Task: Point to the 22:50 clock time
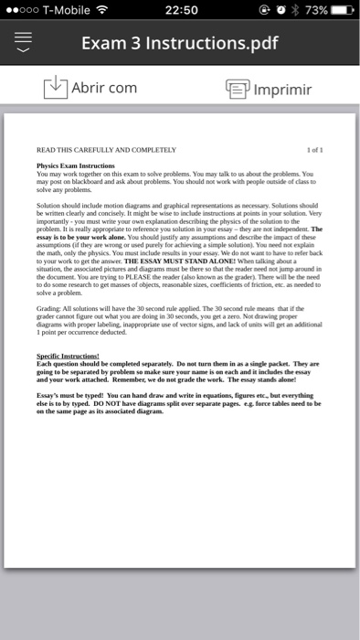pyautogui.click(x=181, y=10)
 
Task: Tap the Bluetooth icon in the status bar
pyautogui.click(x=289, y=10)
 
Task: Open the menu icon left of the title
pyautogui.click(x=25, y=44)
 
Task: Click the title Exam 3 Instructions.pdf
pyautogui.click(x=179, y=44)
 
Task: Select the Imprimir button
pyautogui.click(x=282, y=90)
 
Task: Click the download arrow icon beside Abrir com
pyautogui.click(x=56, y=89)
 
